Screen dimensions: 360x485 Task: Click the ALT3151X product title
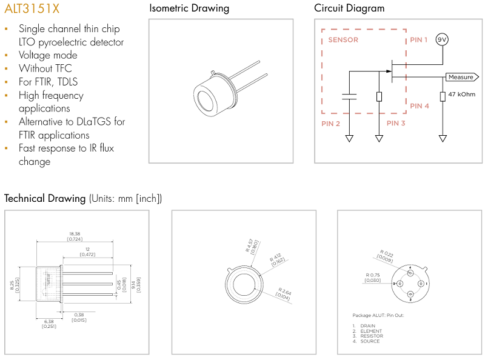pos(32,9)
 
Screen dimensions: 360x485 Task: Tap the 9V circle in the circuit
pos(443,39)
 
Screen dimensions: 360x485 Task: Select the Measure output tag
pos(461,77)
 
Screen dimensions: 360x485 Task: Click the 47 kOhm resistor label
pos(462,95)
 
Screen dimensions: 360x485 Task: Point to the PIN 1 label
pos(419,40)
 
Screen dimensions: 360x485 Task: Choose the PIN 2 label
pos(330,123)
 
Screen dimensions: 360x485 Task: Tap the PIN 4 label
pos(420,105)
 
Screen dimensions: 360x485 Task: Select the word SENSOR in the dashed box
pos(343,40)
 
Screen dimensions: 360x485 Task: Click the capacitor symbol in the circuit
pos(349,96)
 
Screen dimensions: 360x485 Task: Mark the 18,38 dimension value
pos(75,233)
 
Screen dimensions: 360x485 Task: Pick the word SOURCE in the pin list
pos(370,341)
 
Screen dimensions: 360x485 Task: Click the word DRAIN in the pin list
pos(368,326)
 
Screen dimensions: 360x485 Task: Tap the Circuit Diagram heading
pos(349,8)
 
